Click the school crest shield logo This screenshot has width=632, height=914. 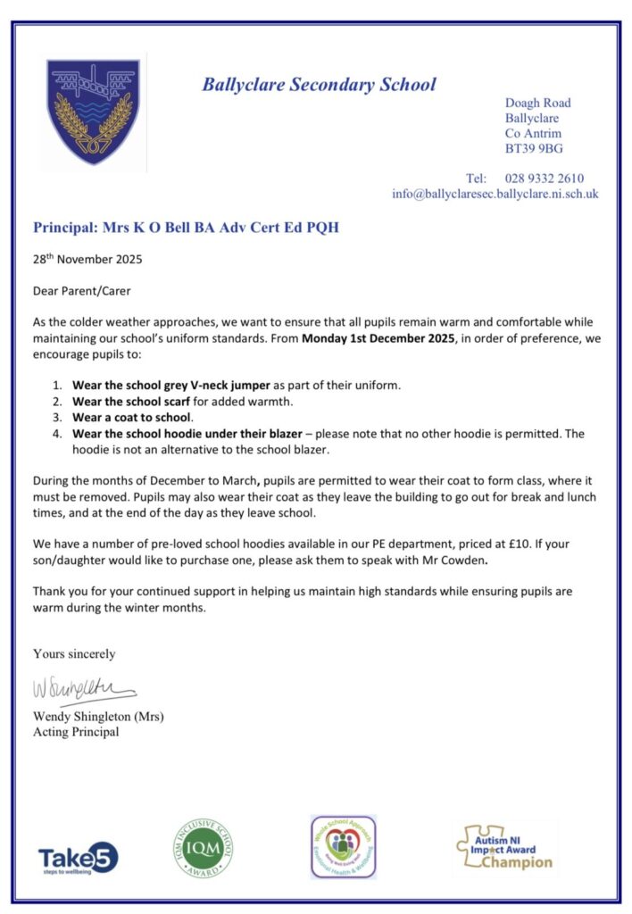[93, 112]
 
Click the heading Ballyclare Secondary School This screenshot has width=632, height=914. [319, 85]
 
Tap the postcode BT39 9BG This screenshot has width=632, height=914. [534, 148]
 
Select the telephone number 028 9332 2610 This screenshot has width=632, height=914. [544, 178]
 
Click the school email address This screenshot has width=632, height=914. [495, 193]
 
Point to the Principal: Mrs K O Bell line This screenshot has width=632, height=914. [186, 228]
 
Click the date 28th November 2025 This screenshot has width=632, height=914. [87, 261]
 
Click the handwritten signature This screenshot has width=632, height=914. [84, 691]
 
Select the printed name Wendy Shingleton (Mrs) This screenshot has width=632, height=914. [98, 716]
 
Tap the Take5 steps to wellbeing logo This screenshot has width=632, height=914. [79, 858]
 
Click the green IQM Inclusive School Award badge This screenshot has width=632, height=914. [203, 847]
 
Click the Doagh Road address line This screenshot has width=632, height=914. [537, 103]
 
